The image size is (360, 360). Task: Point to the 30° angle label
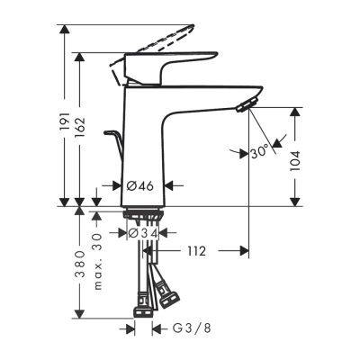[x=260, y=152]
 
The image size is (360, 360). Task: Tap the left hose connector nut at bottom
[x=143, y=311]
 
